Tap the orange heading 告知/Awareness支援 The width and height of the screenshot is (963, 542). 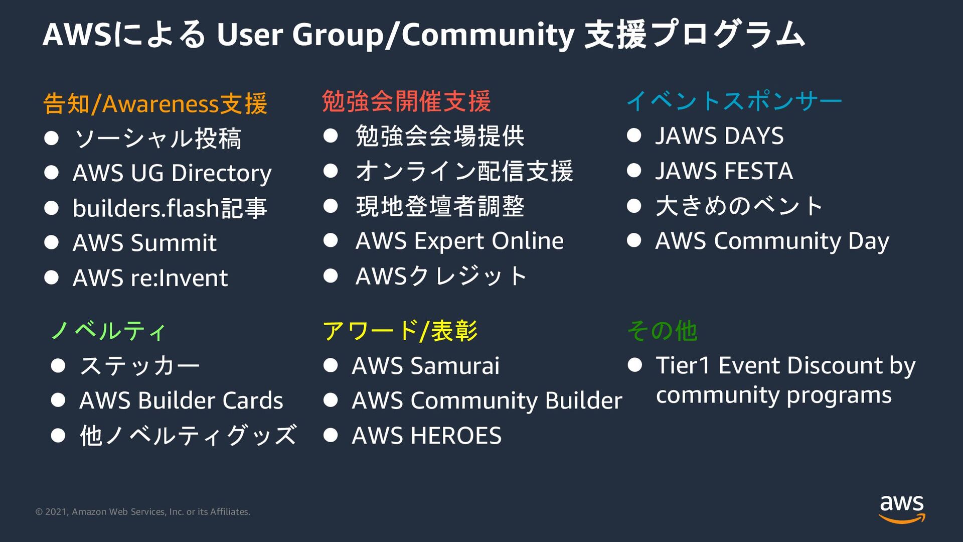click(155, 104)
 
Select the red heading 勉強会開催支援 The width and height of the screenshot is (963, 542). click(406, 101)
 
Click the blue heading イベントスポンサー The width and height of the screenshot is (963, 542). click(734, 101)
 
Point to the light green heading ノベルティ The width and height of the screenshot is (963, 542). click(108, 331)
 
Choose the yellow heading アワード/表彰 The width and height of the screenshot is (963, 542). click(400, 331)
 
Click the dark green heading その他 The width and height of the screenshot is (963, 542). click(662, 331)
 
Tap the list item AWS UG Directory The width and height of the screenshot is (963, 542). click(172, 173)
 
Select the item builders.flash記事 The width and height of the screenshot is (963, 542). click(170, 208)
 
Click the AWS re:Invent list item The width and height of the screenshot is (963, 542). click(150, 278)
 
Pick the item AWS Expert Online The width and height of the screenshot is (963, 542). click(459, 241)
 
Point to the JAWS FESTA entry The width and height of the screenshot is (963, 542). click(724, 171)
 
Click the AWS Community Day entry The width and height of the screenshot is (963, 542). click(772, 241)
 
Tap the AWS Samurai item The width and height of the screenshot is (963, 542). click(425, 366)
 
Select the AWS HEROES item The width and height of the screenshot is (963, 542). click(426, 436)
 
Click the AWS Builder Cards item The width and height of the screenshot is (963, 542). click(181, 400)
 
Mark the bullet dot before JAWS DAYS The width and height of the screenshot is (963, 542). click(634, 135)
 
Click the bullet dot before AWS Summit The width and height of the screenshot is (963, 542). click(51, 243)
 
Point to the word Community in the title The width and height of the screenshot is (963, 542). click(488, 35)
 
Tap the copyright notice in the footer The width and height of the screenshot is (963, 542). click(142, 512)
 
